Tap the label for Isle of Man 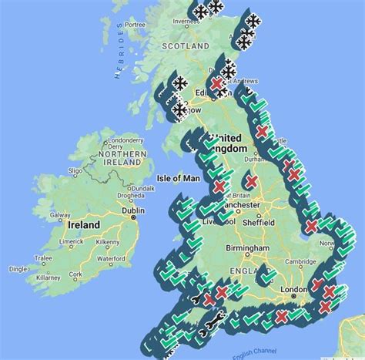coord(178,178)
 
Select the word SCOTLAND coord(185,46)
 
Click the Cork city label coord(75,274)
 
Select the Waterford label coord(110,258)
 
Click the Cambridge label coord(300,261)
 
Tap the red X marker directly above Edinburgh coord(219,82)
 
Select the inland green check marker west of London coord(268,275)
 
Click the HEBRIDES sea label coord(119,50)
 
